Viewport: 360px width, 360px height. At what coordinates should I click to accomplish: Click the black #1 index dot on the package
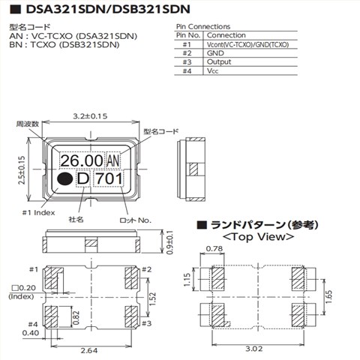click(64, 178)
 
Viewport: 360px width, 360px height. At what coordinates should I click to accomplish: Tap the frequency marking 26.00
click(82, 160)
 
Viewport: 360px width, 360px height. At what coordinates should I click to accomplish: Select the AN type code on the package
click(113, 161)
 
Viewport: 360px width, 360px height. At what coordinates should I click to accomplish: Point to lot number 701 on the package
click(109, 178)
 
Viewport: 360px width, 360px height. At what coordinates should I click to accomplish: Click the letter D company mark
click(83, 178)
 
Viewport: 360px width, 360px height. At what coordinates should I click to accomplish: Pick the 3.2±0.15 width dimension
click(90, 116)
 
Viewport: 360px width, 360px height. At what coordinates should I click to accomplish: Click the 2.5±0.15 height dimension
click(22, 170)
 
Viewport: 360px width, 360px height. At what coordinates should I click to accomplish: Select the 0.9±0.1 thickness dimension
click(170, 242)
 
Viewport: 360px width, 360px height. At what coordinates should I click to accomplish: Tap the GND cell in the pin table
click(215, 53)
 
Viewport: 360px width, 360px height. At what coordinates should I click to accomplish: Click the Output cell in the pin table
click(219, 62)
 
